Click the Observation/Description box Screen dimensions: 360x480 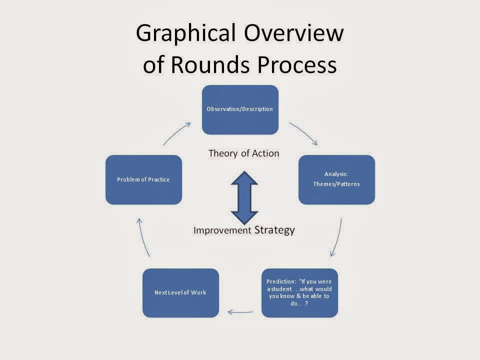point(240,109)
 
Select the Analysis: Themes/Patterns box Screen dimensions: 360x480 point(336,179)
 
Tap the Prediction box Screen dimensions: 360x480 point(299,293)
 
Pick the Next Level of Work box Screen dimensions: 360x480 point(180,293)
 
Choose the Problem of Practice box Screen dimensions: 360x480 point(143,179)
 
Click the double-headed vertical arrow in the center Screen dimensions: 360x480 point(243,197)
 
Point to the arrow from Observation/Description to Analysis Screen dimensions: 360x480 point(303,133)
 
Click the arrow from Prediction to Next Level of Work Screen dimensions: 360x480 point(240,312)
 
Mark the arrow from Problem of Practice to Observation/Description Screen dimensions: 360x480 point(176,133)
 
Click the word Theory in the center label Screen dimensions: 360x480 point(222,153)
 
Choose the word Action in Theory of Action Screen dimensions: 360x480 point(265,153)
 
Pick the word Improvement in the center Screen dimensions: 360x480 point(222,230)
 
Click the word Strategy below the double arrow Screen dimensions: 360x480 point(274,230)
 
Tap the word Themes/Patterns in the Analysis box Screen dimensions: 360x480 point(336,184)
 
